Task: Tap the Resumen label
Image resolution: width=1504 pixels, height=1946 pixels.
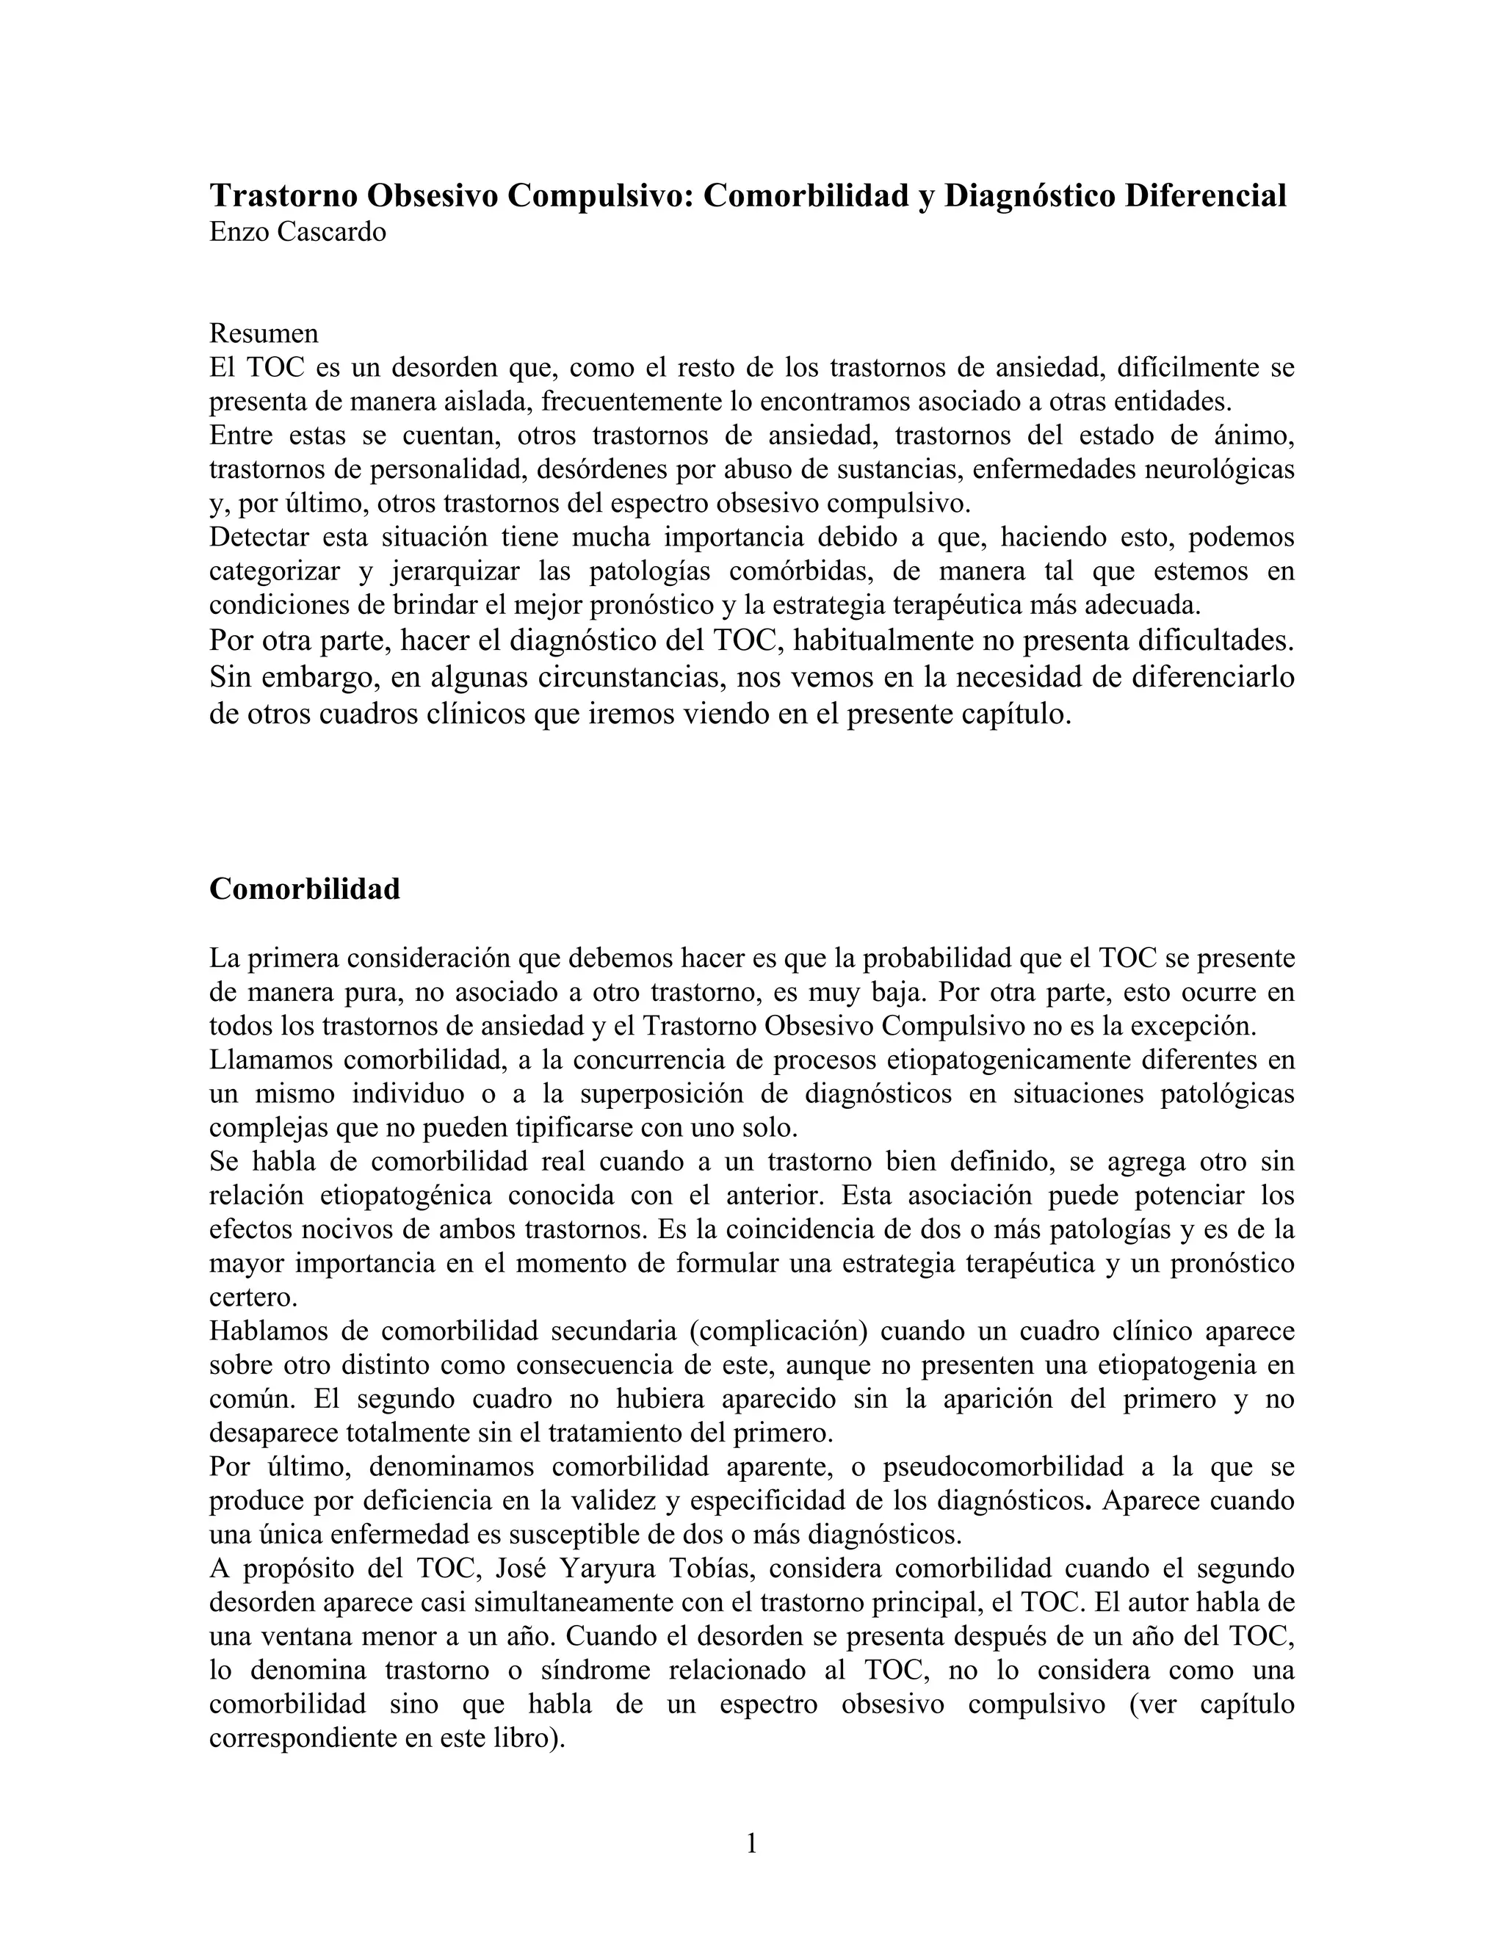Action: point(264,333)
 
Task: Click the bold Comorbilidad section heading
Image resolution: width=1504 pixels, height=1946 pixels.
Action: point(305,889)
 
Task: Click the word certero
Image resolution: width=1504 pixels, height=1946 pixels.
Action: point(254,1298)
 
